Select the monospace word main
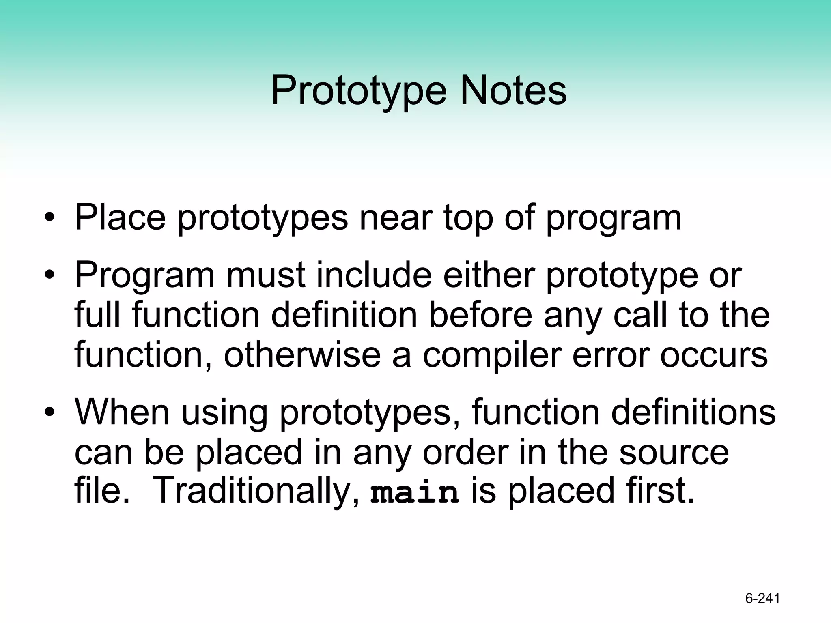click(414, 492)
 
